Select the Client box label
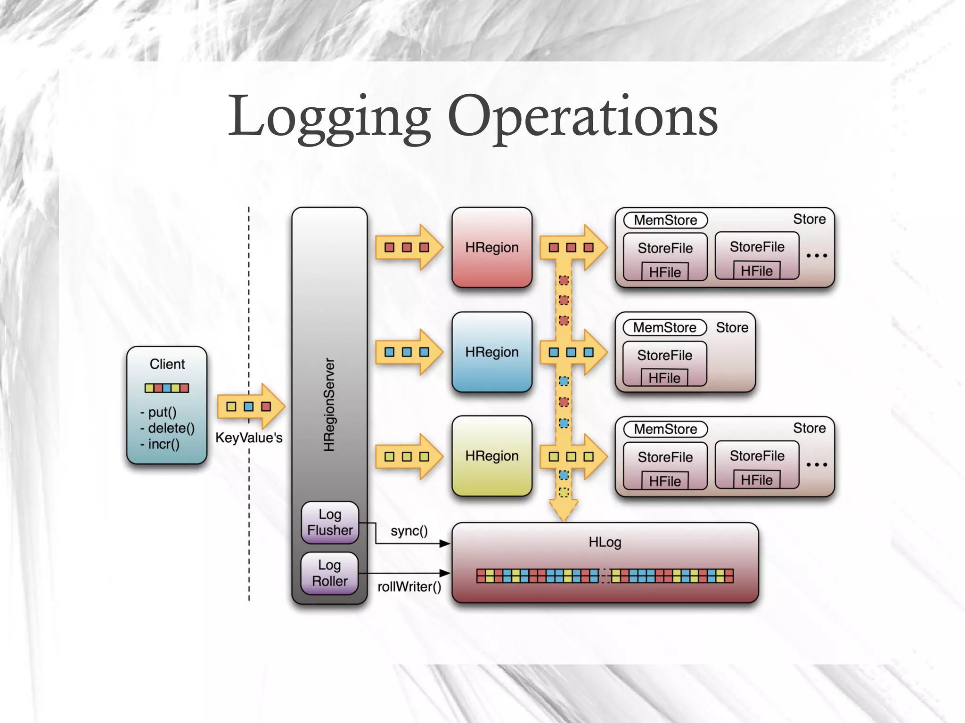[167, 364]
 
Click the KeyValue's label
[249, 438]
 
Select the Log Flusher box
[330, 522]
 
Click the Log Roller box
[330, 573]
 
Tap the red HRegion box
[491, 247]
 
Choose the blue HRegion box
[491, 352]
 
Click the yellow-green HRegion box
[491, 456]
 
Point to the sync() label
[409, 531]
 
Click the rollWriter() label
[409, 587]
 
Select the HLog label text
[605, 542]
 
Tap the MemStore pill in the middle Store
[664, 327]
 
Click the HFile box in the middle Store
[664, 378]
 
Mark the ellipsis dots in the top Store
[817, 256]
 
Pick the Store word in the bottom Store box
[809, 428]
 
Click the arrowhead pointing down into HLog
[564, 511]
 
